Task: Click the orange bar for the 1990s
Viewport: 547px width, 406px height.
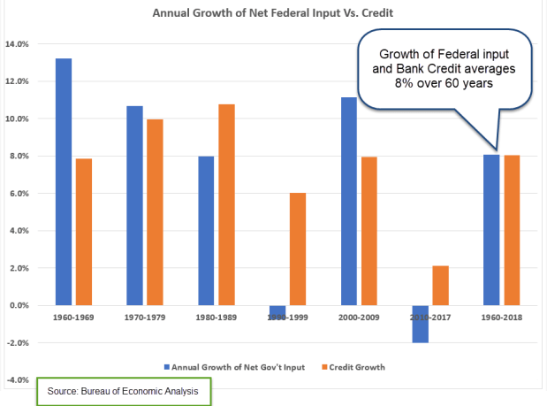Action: pyautogui.click(x=298, y=249)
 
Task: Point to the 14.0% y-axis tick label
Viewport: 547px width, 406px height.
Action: pyautogui.click(x=18, y=43)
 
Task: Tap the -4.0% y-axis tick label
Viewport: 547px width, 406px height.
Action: pyautogui.click(x=18, y=380)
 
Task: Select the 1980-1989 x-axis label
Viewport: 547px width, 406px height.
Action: pyautogui.click(x=216, y=316)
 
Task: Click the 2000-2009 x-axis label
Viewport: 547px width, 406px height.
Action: pyautogui.click(x=359, y=316)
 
